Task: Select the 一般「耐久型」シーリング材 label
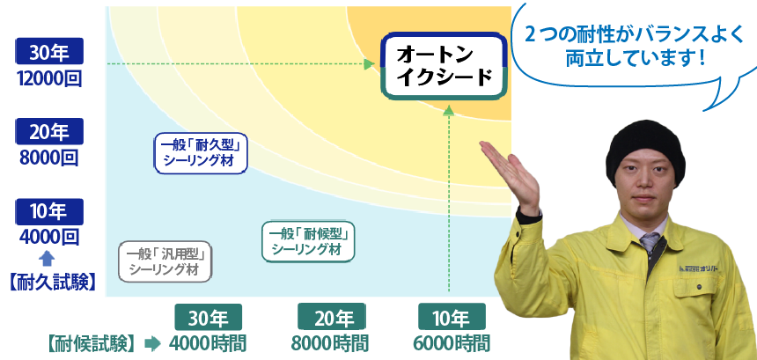click(201, 153)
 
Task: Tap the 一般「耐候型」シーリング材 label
click(308, 241)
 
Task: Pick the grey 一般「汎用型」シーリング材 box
click(165, 261)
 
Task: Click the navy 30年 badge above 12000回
click(49, 51)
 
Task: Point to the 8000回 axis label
click(48, 158)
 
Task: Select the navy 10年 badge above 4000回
click(49, 211)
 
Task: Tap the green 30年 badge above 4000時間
click(208, 317)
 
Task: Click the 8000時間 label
click(330, 344)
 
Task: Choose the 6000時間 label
click(452, 344)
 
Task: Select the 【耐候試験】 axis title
click(91, 344)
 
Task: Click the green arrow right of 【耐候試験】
click(152, 343)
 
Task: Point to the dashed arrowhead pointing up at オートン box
click(449, 111)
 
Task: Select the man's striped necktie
click(650, 243)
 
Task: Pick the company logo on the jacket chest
click(698, 268)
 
